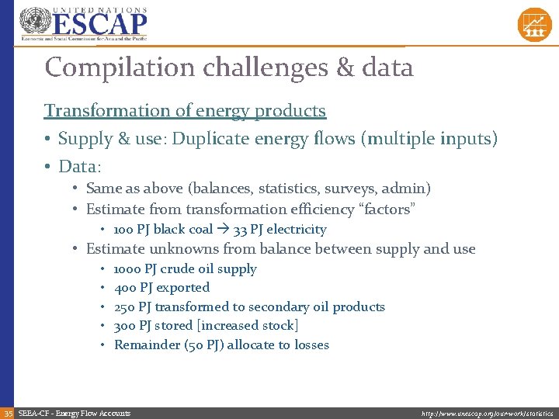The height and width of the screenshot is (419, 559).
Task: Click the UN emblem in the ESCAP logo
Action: click(34, 22)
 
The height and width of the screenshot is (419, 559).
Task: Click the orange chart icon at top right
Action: click(534, 24)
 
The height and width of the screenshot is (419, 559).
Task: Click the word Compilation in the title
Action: click(120, 68)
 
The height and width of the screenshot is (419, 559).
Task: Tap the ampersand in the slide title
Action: click(345, 68)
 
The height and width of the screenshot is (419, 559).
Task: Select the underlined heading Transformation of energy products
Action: click(185, 110)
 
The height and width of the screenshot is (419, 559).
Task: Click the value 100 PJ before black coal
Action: click(131, 230)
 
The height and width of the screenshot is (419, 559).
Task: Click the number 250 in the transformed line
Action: click(125, 307)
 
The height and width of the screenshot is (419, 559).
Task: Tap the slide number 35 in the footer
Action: click(8, 413)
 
